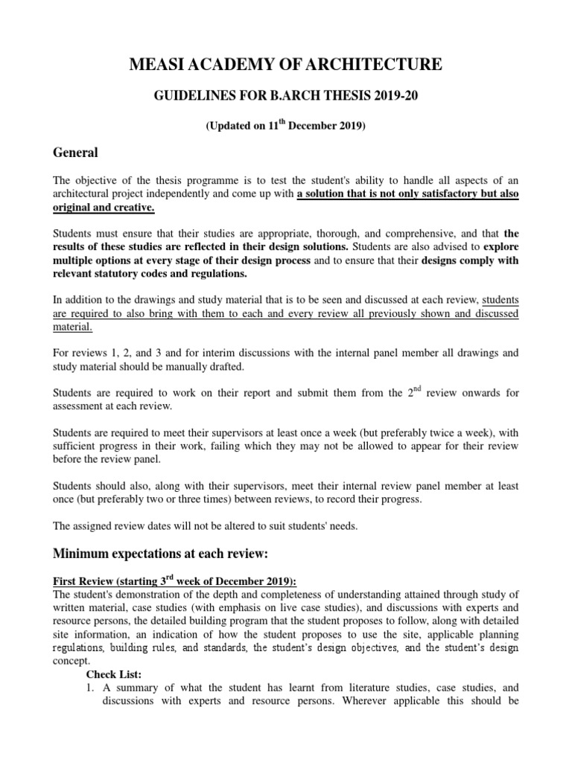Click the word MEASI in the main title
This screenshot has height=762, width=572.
[156, 66]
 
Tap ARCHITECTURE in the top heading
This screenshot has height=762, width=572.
[384, 66]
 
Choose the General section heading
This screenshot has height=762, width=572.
[75, 153]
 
